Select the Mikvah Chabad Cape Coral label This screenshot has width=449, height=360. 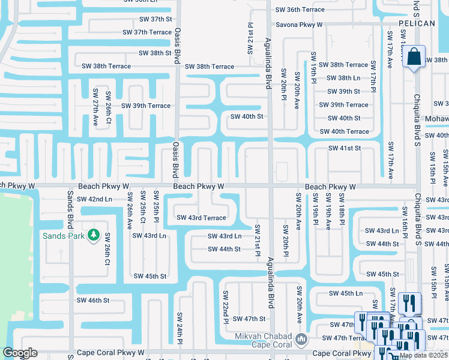pos(263,340)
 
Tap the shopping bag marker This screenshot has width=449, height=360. pos(414,58)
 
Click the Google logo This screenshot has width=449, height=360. pos(20,353)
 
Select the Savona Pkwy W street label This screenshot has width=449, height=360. pos(299,25)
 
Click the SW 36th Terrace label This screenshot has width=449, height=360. pos(300,10)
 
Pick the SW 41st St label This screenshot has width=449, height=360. pos(344,148)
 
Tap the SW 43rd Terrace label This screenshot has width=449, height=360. pos(200,218)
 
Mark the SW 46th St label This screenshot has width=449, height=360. pos(92,299)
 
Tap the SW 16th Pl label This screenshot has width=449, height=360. pos(405,221)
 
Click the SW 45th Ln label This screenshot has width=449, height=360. pos(346,293)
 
